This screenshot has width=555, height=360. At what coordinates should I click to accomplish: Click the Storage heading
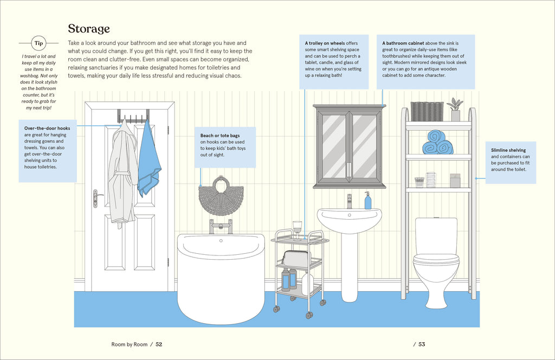point(89,29)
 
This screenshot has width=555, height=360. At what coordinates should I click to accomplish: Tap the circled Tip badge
point(38,43)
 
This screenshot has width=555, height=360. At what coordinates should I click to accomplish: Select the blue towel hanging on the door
point(149,159)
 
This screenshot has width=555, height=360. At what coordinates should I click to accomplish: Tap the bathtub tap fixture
point(221,227)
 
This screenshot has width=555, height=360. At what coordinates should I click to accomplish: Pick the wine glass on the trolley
point(298,230)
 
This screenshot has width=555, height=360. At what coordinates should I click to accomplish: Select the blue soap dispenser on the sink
point(368,201)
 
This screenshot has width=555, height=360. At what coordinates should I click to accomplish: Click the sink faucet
point(350,202)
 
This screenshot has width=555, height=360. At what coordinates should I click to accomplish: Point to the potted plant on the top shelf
point(455,110)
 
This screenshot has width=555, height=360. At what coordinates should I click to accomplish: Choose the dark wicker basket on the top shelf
point(427,112)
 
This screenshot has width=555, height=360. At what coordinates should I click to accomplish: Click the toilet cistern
point(436,235)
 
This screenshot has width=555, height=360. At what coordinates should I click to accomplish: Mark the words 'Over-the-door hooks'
point(47,128)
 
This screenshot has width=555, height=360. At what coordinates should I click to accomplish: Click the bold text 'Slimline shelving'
point(508,150)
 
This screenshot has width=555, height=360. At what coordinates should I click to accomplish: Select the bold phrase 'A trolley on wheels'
point(325,43)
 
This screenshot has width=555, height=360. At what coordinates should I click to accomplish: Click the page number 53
point(422,344)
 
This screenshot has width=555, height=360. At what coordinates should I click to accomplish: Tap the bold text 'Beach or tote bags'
point(220,136)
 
